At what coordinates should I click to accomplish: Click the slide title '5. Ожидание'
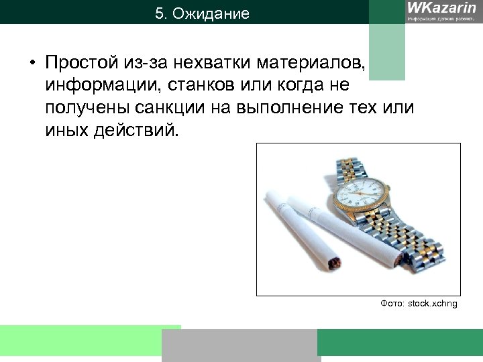click(x=201, y=13)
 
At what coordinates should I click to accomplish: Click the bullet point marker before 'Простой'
click(x=32, y=65)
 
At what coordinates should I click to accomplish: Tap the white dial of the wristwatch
click(x=362, y=194)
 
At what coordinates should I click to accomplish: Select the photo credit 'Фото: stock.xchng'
click(x=419, y=304)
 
